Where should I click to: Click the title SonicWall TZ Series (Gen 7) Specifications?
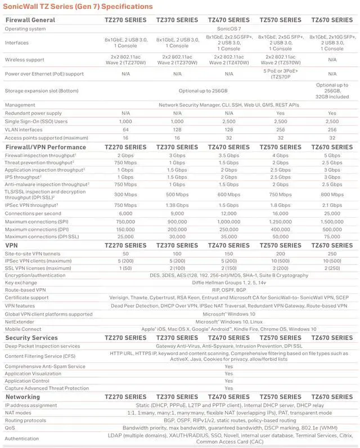click(78, 7)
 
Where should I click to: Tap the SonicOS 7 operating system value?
click(228, 28)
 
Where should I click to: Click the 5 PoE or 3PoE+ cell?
click(280, 74)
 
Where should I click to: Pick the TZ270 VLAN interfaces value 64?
click(125, 129)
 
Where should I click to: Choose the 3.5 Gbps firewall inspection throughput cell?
click(228, 155)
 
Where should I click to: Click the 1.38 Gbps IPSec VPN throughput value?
click(177, 205)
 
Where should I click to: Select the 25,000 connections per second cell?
click(332, 214)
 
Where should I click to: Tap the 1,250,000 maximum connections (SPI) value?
click(280, 222)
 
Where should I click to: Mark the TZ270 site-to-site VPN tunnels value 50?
click(125, 254)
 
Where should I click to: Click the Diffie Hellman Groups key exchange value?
click(228, 283)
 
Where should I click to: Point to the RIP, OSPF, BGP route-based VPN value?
click(228, 290)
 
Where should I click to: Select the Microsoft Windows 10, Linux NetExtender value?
click(228, 321)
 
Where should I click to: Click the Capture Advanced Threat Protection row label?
click(47, 388)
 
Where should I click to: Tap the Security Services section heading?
click(31, 338)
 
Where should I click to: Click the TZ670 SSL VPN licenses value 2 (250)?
click(332, 268)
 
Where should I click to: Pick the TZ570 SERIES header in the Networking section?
click(280, 397)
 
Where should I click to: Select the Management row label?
click(20, 105)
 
